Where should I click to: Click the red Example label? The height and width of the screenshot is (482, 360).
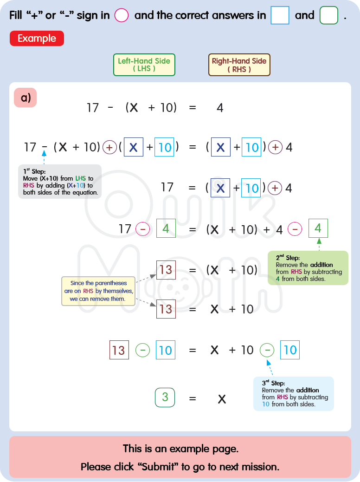click(37, 39)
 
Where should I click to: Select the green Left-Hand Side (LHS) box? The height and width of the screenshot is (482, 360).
click(144, 65)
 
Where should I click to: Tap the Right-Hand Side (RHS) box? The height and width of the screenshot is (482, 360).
click(239, 65)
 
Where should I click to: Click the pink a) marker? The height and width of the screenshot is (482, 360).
click(26, 98)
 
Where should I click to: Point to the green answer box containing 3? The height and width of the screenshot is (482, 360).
click(165, 397)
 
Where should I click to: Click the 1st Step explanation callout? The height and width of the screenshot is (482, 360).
click(59, 182)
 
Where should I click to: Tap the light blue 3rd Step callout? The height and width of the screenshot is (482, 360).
click(293, 394)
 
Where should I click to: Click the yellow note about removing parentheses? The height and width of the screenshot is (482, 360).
click(98, 291)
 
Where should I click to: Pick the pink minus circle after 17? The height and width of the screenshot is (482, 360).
click(143, 229)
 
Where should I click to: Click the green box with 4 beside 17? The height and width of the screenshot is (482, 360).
click(166, 229)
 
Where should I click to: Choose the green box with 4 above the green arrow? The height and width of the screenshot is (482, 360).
click(318, 228)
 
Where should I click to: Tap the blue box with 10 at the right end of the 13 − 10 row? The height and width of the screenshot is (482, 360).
click(290, 350)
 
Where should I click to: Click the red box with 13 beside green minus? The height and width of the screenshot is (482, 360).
click(119, 350)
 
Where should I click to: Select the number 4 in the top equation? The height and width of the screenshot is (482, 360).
click(220, 108)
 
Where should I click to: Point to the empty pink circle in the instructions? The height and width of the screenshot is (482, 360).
click(121, 15)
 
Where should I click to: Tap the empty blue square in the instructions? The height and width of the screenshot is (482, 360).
click(280, 15)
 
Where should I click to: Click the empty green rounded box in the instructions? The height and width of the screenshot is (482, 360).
click(329, 15)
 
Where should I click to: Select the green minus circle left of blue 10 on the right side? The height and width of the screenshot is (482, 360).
click(267, 350)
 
